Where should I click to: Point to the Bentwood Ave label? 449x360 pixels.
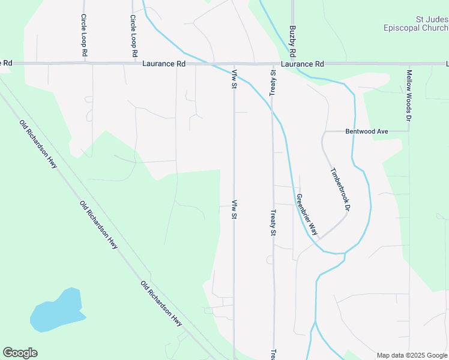(x=367, y=131)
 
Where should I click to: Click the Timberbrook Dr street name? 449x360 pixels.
(x=339, y=190)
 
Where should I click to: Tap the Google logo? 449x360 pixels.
(x=20, y=353)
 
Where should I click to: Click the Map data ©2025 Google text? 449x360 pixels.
(x=411, y=355)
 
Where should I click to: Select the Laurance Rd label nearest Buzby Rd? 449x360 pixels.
(x=302, y=64)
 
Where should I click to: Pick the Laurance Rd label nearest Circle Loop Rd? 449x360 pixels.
(x=164, y=64)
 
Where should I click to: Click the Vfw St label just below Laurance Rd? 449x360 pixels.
(x=234, y=79)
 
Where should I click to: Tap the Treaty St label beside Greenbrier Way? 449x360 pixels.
(x=273, y=223)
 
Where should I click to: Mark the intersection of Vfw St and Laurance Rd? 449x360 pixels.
(x=234, y=64)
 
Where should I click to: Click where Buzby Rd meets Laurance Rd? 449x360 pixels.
(x=293, y=64)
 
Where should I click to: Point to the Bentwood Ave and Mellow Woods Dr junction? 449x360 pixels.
(x=409, y=131)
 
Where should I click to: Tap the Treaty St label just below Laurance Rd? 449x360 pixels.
(x=273, y=80)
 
